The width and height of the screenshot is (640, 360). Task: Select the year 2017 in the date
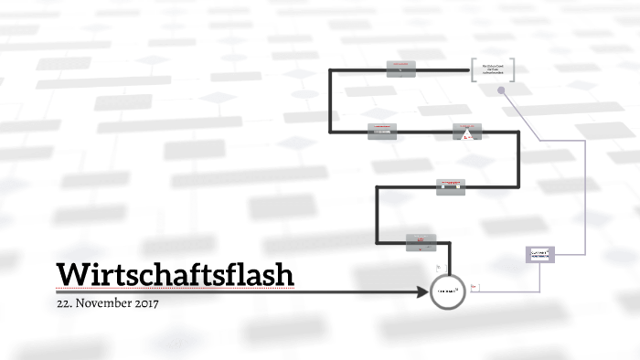click(x=146, y=303)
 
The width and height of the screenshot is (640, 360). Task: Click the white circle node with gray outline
click(x=448, y=291)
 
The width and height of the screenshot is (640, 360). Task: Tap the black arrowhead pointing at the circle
click(x=424, y=291)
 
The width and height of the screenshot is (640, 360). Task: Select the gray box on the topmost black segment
click(x=400, y=69)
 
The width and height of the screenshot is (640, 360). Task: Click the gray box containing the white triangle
click(x=465, y=132)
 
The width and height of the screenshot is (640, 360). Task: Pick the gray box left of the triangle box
click(x=382, y=132)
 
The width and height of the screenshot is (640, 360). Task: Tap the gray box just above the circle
click(x=421, y=242)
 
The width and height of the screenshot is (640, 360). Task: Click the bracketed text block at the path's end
click(x=493, y=70)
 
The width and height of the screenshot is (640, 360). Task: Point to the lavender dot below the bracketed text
click(x=502, y=89)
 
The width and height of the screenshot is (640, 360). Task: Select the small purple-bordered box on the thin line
click(x=540, y=255)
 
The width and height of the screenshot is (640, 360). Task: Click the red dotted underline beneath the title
click(x=174, y=289)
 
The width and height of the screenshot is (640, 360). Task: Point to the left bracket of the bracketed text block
click(x=474, y=70)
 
